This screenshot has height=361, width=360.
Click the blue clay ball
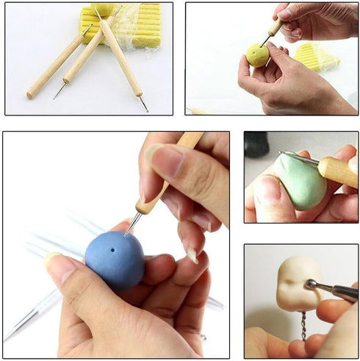pos(114,260)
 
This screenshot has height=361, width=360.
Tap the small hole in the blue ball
pos(112,250)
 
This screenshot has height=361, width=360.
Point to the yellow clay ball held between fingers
pos(256,54)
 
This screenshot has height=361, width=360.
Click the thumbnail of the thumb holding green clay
pos(267,190)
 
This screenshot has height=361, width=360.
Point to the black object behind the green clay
pos(256,144)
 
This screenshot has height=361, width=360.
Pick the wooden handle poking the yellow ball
pos(276,27)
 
